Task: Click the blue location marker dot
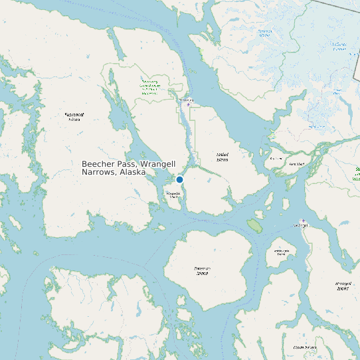pos(179,179)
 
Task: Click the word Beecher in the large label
pos(98,163)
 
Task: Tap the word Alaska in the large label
pos(133,172)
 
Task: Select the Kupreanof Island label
pos(74,117)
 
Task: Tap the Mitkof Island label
pos(222,157)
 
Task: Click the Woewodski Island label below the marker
pos(173,195)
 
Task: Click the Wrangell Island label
pos(343,286)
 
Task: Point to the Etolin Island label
pos(304,347)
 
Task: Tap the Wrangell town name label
pos(302,225)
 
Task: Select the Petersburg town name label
pos(187,100)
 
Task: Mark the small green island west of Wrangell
pos(254,225)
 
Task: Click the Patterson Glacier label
pos(265,33)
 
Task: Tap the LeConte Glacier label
pos(339,46)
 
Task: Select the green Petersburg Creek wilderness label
pos(149,86)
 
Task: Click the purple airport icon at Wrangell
pos(303,221)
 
